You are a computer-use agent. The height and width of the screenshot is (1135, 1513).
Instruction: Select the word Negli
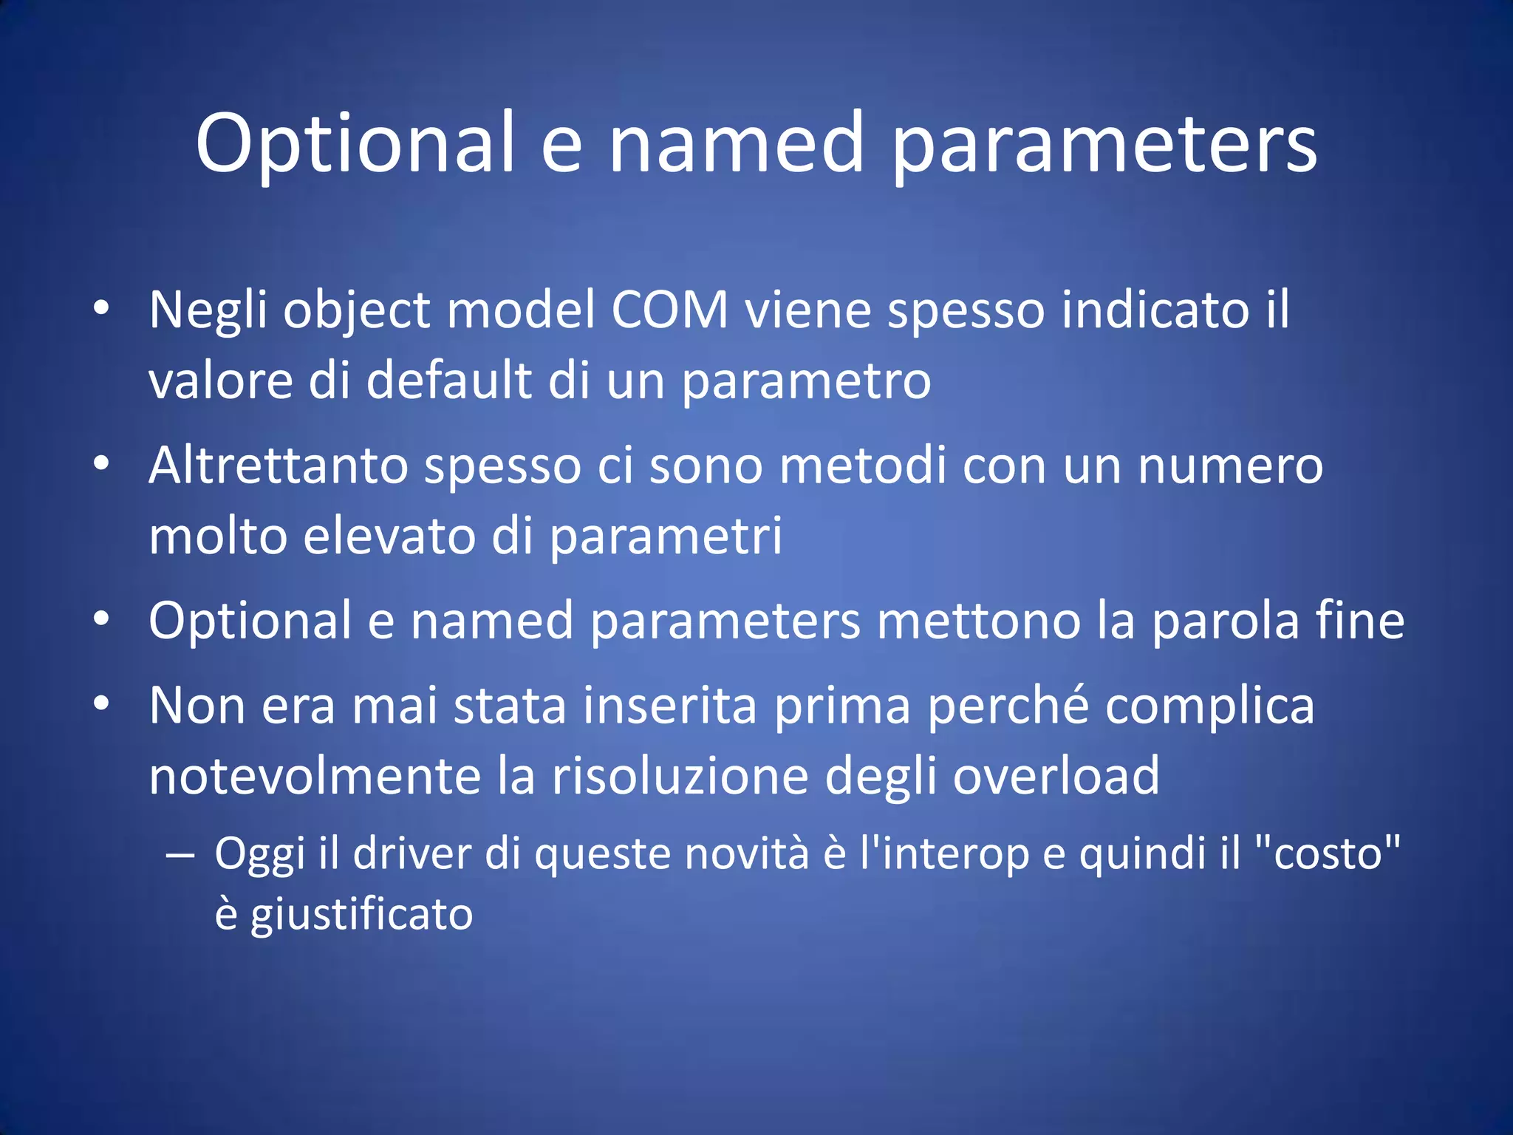click(208, 310)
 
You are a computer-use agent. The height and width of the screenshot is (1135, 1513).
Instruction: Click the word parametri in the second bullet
click(666, 537)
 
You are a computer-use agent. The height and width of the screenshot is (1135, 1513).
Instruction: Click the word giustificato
click(361, 915)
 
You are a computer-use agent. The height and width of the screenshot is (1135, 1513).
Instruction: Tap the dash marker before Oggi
click(180, 856)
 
